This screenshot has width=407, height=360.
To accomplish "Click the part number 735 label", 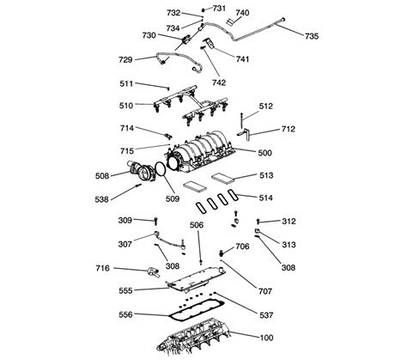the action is (312, 36).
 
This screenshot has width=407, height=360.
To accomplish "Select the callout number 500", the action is (264, 153).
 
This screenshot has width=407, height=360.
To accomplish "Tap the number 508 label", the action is (102, 175).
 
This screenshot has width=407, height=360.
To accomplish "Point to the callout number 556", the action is (125, 314).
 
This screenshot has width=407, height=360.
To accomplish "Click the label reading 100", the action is (266, 338).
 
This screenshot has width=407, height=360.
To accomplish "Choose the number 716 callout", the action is (103, 268).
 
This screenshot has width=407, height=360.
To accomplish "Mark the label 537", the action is (266, 315).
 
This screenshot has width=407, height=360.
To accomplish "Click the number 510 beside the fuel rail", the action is (126, 106).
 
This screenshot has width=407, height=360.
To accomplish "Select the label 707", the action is (265, 291).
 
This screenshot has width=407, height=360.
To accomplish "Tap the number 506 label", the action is (197, 225).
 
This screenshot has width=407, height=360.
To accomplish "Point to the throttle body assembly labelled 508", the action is (142, 171).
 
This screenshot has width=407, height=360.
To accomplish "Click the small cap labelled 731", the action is (203, 10).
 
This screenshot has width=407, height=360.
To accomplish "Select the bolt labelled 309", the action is (155, 221).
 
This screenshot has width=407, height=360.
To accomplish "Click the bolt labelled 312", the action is (258, 222).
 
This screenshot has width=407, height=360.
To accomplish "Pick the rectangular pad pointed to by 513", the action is (223, 178).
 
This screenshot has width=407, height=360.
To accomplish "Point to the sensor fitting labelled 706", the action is (222, 253).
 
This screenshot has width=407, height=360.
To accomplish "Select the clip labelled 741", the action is (210, 43).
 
